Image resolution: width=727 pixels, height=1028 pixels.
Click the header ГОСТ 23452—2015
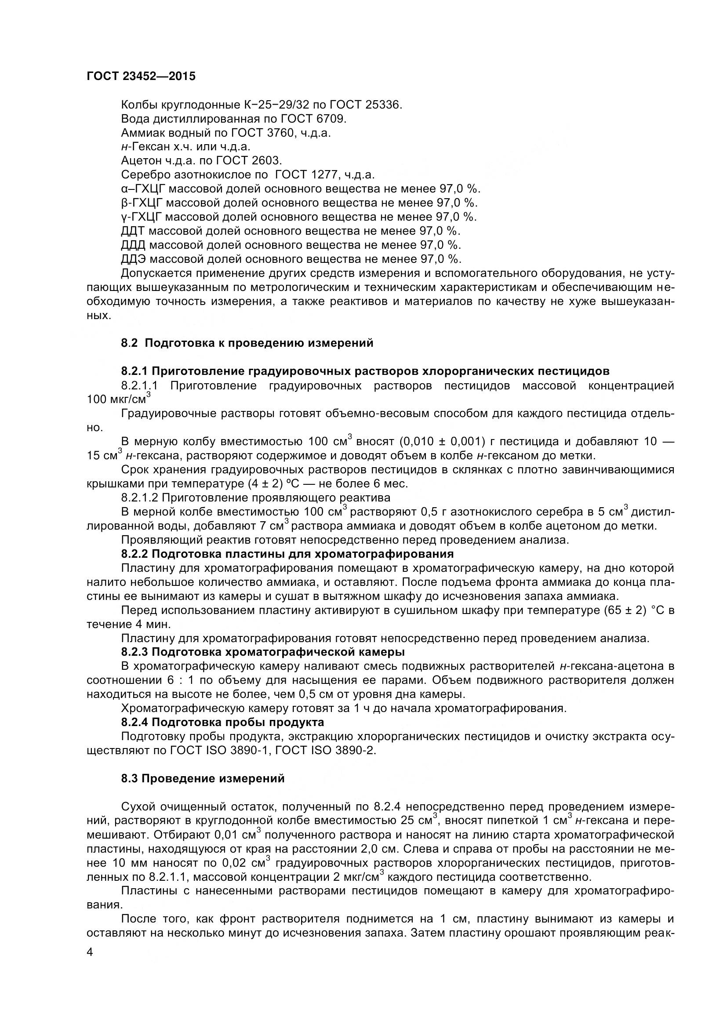[x=141, y=76]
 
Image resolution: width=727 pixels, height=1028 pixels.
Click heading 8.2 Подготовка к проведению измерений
[x=247, y=343]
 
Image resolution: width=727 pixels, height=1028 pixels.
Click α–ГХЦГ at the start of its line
[x=143, y=189]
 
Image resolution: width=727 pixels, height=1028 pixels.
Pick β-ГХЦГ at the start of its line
[x=142, y=203]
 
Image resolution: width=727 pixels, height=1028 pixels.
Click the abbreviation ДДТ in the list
[x=132, y=231]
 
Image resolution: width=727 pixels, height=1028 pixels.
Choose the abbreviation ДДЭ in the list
[x=133, y=259]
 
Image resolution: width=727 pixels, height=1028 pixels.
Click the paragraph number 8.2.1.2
[x=139, y=498]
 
